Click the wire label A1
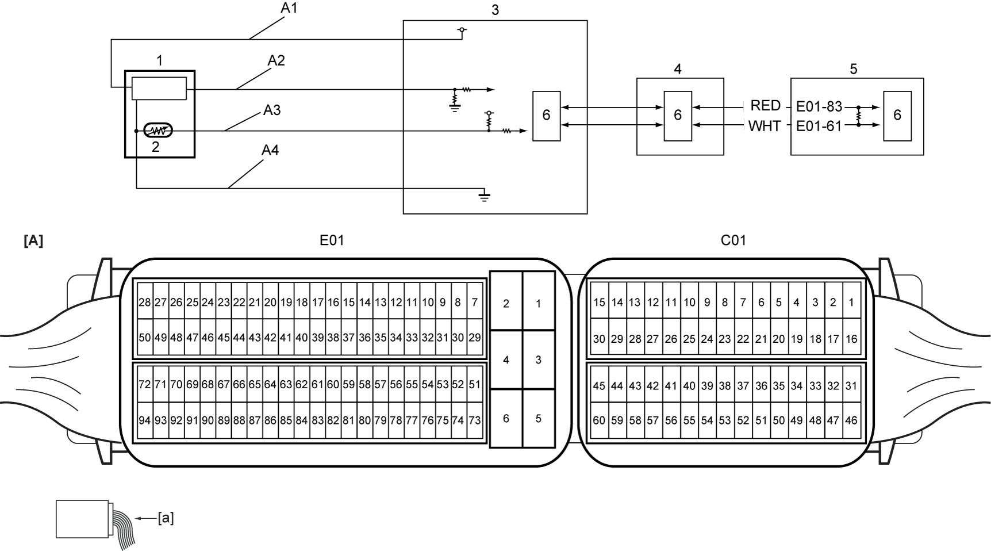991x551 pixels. coord(289,8)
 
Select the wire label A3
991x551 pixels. coord(272,110)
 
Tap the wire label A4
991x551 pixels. coord(270,150)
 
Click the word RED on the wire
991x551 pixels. coord(766,106)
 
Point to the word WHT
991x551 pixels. coord(765,126)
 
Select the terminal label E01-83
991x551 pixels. coord(819,106)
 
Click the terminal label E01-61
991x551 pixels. coord(819,126)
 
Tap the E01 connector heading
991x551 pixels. coord(332,240)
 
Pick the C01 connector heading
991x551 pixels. coord(733,240)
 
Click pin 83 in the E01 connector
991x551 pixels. coord(317,420)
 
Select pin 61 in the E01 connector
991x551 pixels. coord(317,384)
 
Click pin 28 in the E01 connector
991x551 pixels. coord(145,302)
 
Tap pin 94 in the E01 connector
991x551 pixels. coord(145,420)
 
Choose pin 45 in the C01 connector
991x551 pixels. coord(599,386)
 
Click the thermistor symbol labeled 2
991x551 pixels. coord(158,131)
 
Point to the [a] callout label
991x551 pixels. coord(166,518)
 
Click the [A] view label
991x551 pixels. coord(33,241)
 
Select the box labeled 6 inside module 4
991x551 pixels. coord(678,116)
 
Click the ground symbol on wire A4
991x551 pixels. coord(485,196)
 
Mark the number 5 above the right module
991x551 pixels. coord(853,69)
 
